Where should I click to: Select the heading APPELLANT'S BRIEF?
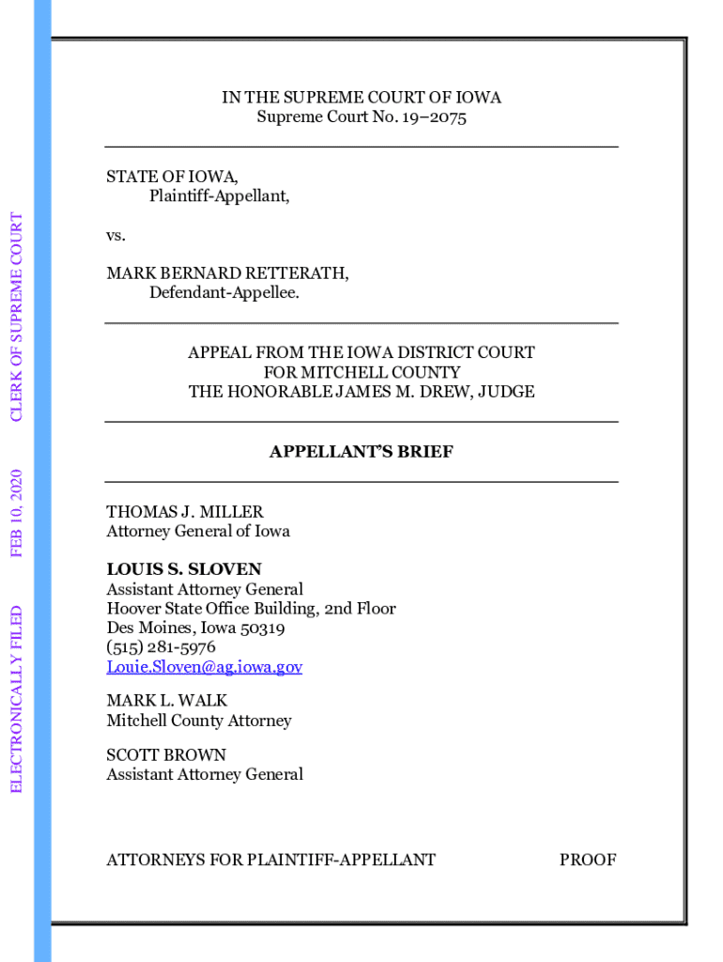pos(361,452)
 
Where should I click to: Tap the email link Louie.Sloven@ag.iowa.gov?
pos(204,667)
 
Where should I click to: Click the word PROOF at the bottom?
pos(588,860)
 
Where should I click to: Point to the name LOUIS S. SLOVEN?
pos(184,569)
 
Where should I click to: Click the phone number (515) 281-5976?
pos(161,647)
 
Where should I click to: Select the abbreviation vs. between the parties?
pos(115,235)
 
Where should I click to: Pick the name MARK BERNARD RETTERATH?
pos(227,273)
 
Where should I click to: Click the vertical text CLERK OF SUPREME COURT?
pos(16,317)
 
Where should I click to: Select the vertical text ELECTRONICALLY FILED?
pos(16,697)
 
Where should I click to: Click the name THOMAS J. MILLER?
pos(185,512)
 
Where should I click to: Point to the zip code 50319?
pos(262,628)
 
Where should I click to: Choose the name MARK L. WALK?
pos(167,701)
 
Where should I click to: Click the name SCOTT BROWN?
pos(166,754)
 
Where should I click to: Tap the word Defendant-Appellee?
pos(224,293)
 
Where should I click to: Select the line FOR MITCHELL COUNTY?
pos(361,372)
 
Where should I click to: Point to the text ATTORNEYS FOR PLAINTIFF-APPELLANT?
pos(271,860)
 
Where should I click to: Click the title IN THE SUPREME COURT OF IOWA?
pos(361,98)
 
